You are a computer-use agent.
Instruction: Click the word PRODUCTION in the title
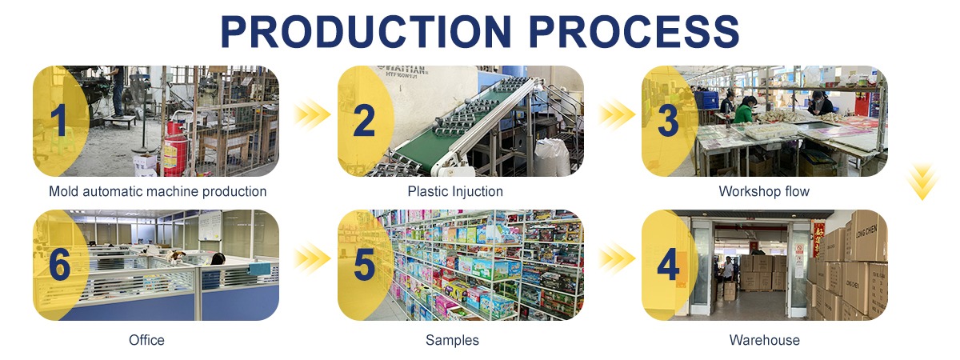[x=366, y=31]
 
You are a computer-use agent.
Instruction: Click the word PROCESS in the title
[x=634, y=31]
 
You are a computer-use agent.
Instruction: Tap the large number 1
[x=58, y=121]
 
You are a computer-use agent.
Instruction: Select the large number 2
[x=364, y=121]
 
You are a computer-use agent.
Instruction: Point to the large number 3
[x=668, y=121]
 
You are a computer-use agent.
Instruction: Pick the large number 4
[x=668, y=264]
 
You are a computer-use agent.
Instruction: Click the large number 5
[x=364, y=264]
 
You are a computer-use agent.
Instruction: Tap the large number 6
[x=59, y=264]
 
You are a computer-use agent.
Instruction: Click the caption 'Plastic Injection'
[x=455, y=191]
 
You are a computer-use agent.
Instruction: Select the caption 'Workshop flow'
[x=764, y=191]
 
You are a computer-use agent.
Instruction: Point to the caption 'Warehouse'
[x=765, y=340]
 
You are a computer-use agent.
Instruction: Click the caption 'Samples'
[x=452, y=340]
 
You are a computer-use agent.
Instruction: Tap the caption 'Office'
[x=146, y=340]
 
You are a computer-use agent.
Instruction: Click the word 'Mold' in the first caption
[x=63, y=191]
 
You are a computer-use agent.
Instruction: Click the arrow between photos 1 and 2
[x=312, y=114]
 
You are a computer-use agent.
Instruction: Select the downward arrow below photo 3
[x=922, y=182]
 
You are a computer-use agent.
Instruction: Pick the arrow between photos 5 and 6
[x=312, y=258]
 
